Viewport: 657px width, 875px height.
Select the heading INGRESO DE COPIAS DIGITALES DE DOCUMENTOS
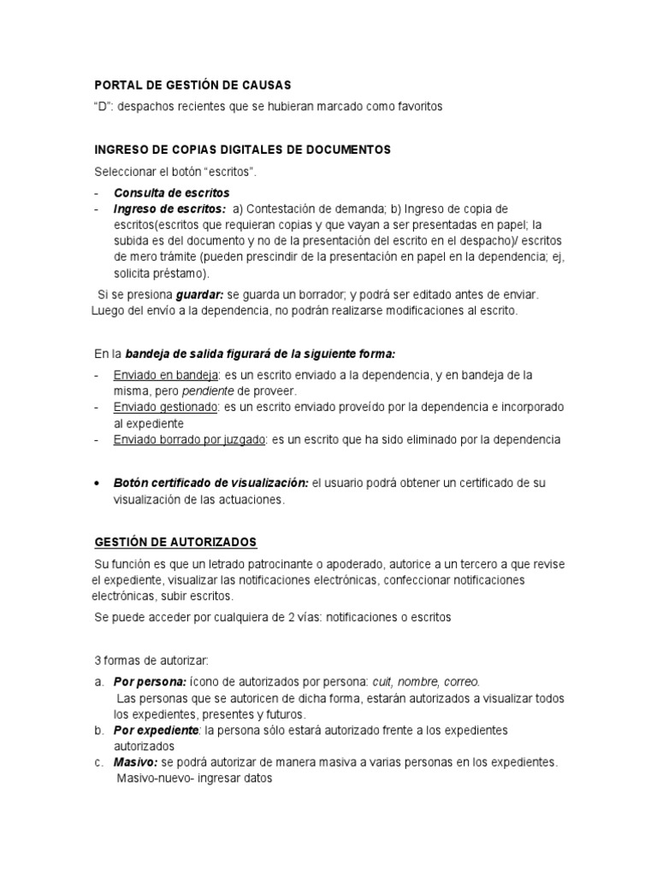click(242, 150)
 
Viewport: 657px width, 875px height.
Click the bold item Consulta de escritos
click(171, 192)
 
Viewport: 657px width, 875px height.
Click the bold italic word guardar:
click(201, 294)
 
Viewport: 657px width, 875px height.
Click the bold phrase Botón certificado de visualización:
click(211, 483)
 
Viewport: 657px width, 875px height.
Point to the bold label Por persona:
click(149, 682)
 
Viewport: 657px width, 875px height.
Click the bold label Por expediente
click(156, 731)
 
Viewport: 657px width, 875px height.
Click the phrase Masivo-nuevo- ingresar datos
click(194, 779)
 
